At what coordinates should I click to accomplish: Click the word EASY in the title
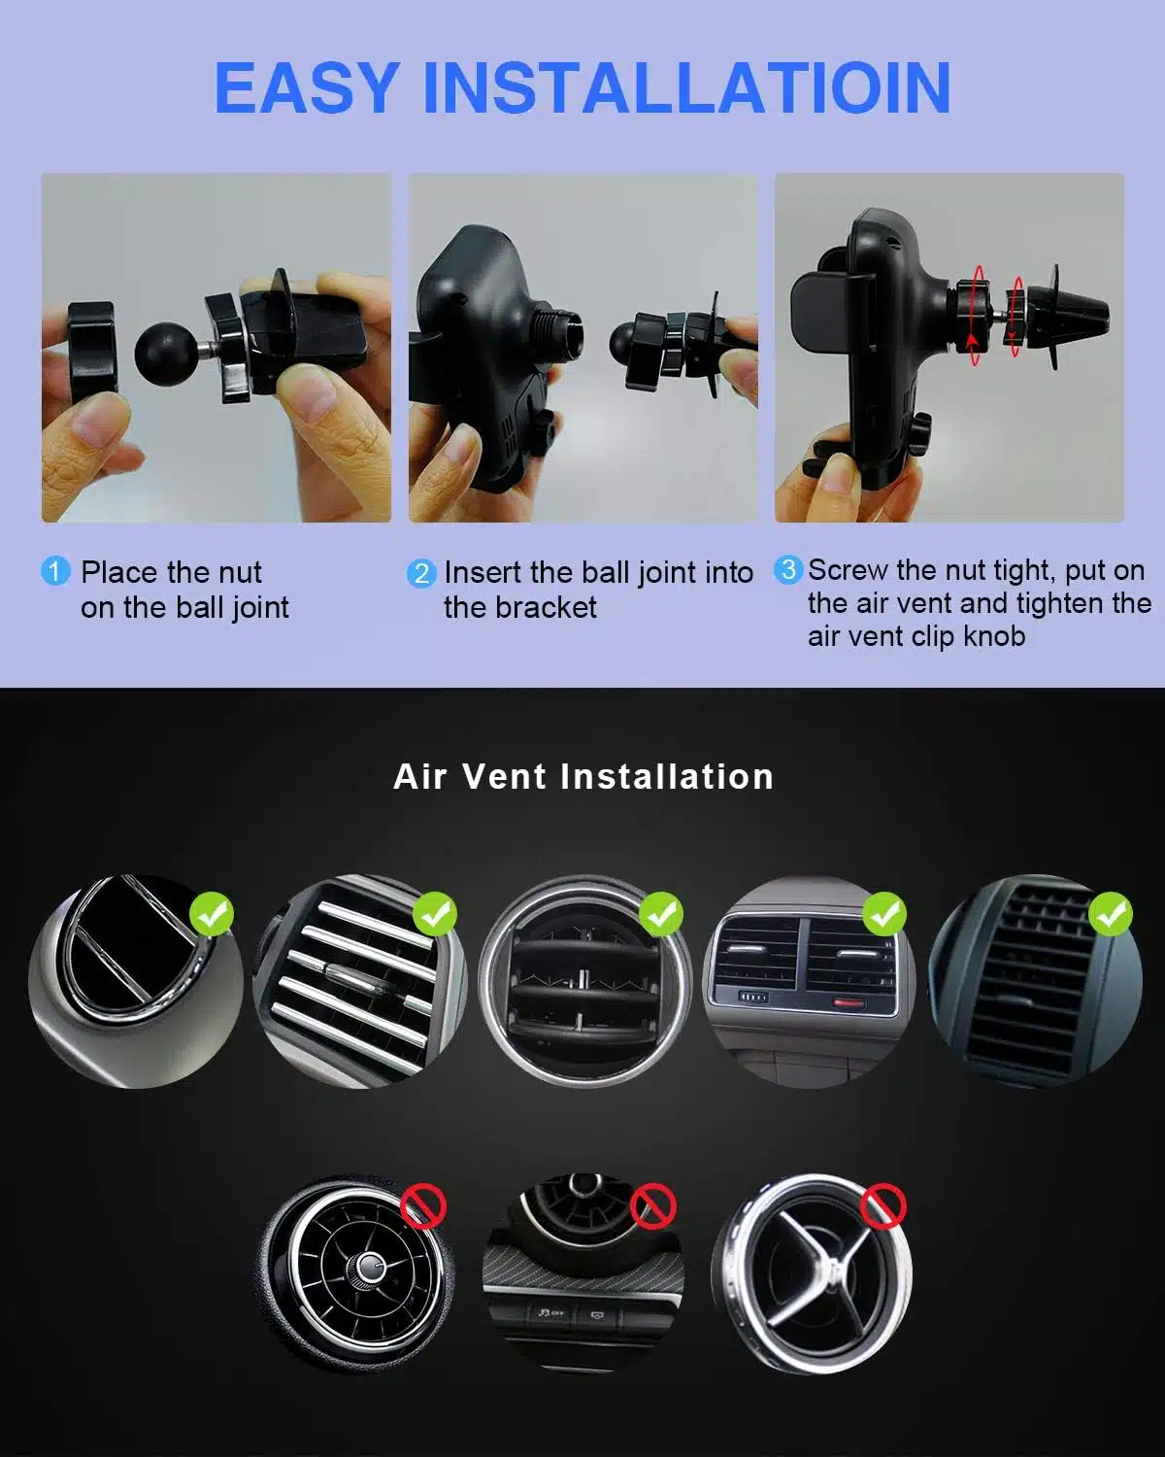click(307, 88)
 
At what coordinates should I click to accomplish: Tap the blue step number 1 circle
click(55, 571)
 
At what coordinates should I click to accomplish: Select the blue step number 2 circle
click(421, 573)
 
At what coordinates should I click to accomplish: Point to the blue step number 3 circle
click(788, 569)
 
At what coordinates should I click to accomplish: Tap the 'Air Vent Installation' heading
click(583, 776)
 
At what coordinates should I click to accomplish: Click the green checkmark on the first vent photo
click(212, 914)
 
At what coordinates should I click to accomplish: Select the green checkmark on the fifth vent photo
click(1111, 914)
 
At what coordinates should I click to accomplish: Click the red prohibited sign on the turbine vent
click(423, 1205)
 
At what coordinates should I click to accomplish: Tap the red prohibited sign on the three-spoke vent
click(882, 1205)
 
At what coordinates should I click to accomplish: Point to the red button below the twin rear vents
click(849, 1001)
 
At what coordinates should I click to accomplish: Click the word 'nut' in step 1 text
click(240, 573)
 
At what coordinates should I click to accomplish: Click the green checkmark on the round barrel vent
click(661, 914)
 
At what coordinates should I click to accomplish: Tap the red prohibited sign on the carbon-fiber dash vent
click(652, 1205)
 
